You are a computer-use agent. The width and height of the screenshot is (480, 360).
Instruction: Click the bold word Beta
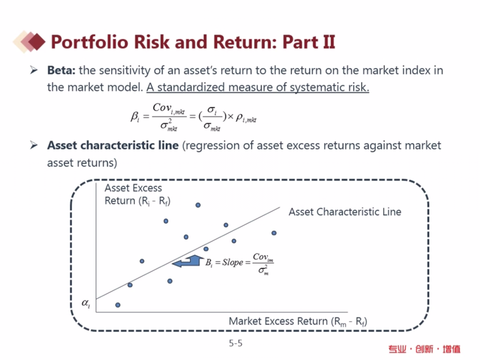pos(61,70)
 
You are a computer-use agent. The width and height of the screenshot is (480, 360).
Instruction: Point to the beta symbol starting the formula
pos(135,116)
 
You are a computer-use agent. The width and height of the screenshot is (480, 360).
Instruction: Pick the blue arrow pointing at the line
pos(187,261)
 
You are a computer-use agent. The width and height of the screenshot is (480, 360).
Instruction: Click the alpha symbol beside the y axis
pos(86,303)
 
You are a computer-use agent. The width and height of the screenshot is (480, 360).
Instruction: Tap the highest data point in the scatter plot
pos(198,205)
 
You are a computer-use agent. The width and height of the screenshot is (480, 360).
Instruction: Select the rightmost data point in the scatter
pos(274,233)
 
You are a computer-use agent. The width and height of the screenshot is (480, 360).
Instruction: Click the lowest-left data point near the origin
pos(118,305)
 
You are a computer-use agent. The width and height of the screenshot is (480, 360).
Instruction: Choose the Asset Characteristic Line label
pos(345,212)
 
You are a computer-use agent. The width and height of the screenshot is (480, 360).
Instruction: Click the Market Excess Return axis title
pos(298,322)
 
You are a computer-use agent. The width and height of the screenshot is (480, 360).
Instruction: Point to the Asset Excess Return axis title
pos(137,195)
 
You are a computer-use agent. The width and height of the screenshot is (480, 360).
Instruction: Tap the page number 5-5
pos(236,344)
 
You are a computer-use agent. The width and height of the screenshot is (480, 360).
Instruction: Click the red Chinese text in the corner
pos(424,349)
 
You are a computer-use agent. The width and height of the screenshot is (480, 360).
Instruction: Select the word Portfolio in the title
pos(90,42)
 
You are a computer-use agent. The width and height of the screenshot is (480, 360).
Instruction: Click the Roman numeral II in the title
pos(329,42)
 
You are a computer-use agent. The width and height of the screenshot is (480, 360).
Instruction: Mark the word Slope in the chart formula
pos(232,262)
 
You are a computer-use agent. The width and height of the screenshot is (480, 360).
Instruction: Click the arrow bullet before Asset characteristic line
pos(34,145)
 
